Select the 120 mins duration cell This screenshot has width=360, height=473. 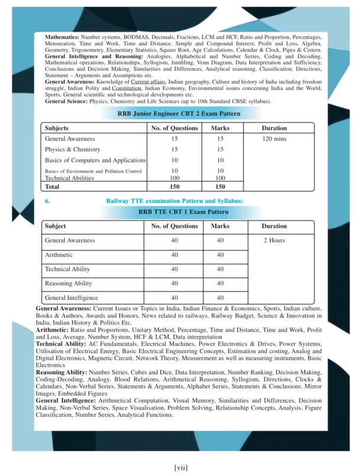(x=274, y=139)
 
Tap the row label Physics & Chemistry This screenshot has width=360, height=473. (x=73, y=150)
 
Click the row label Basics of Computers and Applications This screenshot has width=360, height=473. (x=95, y=160)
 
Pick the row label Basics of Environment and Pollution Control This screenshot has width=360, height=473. (x=93, y=171)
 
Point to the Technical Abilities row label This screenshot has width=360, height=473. (x=69, y=177)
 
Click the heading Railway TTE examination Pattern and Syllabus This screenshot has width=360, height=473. (x=174, y=201)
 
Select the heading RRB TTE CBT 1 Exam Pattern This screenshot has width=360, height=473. (x=183, y=211)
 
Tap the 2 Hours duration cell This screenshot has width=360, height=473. (x=274, y=241)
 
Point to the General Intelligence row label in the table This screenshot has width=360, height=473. (x=72, y=297)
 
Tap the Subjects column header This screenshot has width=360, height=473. (x=57, y=128)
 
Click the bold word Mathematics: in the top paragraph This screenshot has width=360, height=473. (x=62, y=37)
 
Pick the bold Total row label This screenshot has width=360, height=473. (x=53, y=186)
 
